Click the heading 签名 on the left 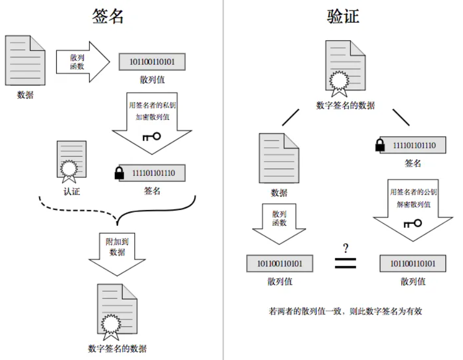pos(107,16)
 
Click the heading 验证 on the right pos(343,16)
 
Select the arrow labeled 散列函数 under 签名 pos(82,62)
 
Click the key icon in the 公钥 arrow pos(412,224)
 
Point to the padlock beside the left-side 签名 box pos(119,173)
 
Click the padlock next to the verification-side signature pos(380,145)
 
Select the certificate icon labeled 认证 pos(71,161)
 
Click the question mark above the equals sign pos(346,247)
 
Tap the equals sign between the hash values pos(346,263)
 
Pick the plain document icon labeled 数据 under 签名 pos(25,61)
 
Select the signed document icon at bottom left pos(117,311)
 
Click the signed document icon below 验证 pos(345,67)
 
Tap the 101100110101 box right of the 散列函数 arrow pos(152,62)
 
